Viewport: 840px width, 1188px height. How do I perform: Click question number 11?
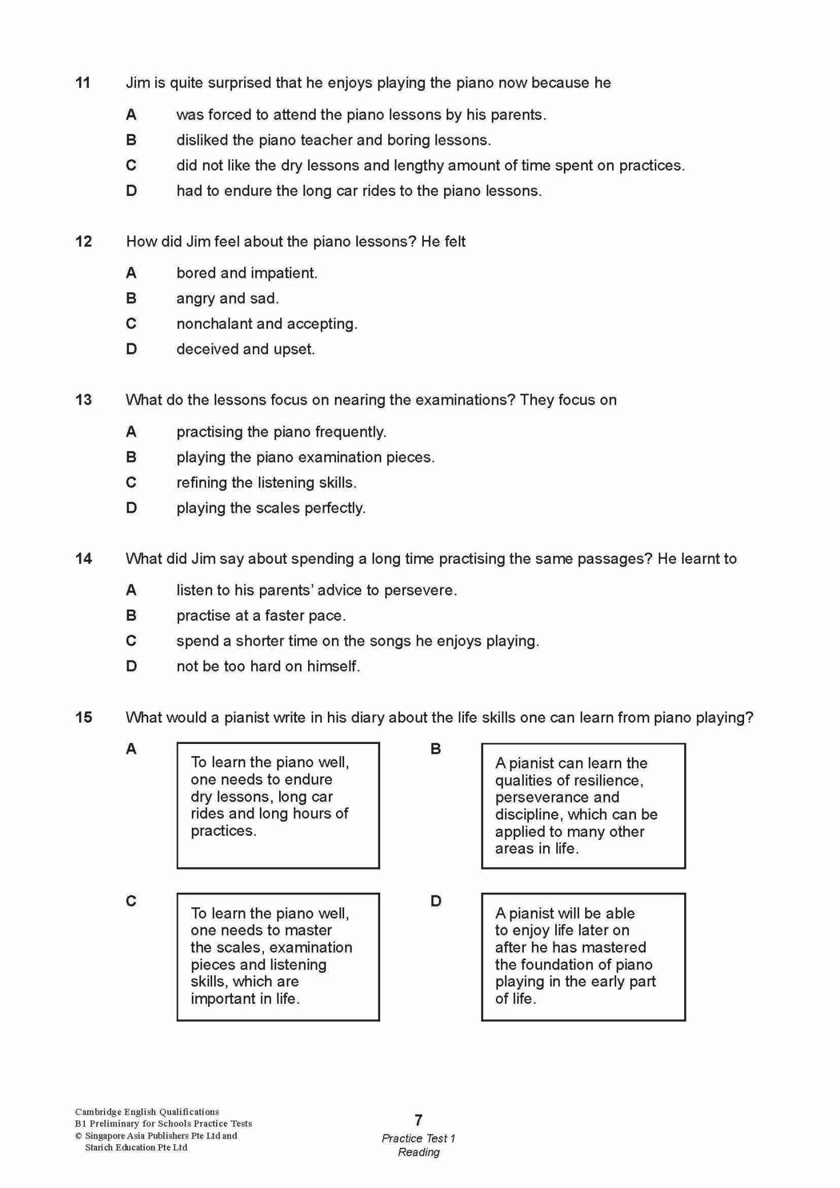pyautogui.click(x=83, y=83)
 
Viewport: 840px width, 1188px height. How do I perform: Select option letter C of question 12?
pyautogui.click(x=131, y=324)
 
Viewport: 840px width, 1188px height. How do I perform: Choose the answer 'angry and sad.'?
pyautogui.click(x=227, y=298)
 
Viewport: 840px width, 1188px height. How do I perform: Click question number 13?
pyautogui.click(x=83, y=400)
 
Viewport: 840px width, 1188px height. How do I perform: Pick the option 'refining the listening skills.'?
pyautogui.click(x=266, y=482)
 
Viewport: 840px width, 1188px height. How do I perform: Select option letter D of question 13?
pyautogui.click(x=131, y=508)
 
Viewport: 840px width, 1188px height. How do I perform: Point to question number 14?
pyautogui.click(x=83, y=559)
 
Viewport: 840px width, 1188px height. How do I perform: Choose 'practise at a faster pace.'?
pyautogui.click(x=261, y=616)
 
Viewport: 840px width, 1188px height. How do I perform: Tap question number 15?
pyautogui.click(x=83, y=717)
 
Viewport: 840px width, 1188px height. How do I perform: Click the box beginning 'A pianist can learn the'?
pyautogui.click(x=583, y=806)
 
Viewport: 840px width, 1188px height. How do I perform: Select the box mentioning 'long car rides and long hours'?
pyautogui.click(x=278, y=806)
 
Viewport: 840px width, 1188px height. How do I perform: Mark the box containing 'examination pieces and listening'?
pyautogui.click(x=278, y=957)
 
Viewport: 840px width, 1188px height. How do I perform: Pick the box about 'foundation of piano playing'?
pyautogui.click(x=583, y=957)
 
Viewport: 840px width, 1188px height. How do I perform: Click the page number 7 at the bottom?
pyautogui.click(x=419, y=1119)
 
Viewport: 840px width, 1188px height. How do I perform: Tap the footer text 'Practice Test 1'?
pyautogui.click(x=419, y=1138)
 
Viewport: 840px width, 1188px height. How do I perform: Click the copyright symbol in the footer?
pyautogui.click(x=78, y=1136)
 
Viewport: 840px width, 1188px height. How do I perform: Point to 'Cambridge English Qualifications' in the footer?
pyautogui.click(x=147, y=1112)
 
